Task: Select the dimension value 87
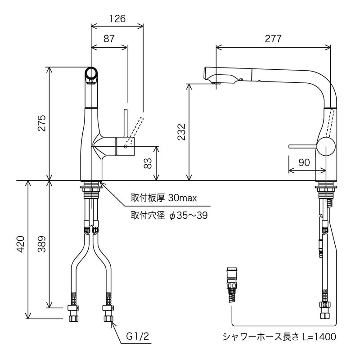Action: click(109, 39)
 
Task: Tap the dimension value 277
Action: click(273, 39)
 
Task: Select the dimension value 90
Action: click(304, 162)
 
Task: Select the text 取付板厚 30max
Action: click(163, 198)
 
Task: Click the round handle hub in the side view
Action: click(326, 147)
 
